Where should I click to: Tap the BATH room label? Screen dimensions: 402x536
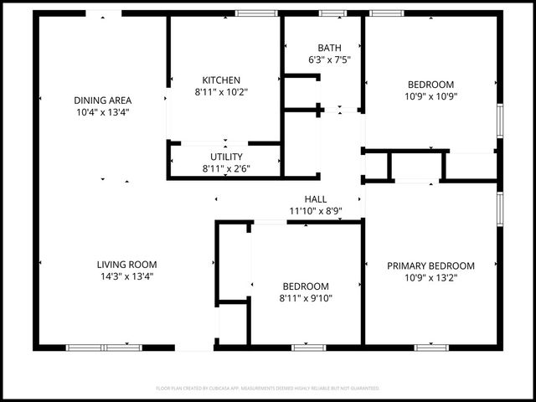pyautogui.click(x=329, y=48)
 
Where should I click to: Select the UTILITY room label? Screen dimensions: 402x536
pyautogui.click(x=226, y=157)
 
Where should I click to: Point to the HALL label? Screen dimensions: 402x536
pyautogui.click(x=316, y=198)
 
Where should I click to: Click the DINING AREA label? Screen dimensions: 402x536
pyautogui.click(x=103, y=100)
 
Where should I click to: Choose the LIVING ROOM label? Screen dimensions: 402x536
pyautogui.click(x=126, y=264)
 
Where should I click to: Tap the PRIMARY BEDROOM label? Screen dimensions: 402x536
pyautogui.click(x=430, y=266)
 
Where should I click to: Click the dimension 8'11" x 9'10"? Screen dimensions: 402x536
pyautogui.click(x=305, y=297)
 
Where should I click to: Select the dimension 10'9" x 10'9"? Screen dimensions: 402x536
pyautogui.click(x=430, y=95)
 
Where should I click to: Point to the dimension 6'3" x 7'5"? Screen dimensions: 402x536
pyautogui.click(x=329, y=59)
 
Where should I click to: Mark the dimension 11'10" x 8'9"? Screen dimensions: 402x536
pyautogui.click(x=316, y=211)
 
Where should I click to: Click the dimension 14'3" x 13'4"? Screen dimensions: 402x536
pyautogui.click(x=126, y=276)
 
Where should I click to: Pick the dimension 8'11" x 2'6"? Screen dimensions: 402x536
pyautogui.click(x=226, y=168)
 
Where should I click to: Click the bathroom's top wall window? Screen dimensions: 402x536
pyautogui.click(x=332, y=13)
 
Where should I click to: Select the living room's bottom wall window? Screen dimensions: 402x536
pyautogui.click(x=104, y=347)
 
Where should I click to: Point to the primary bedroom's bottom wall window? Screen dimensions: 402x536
pyautogui.click(x=431, y=347)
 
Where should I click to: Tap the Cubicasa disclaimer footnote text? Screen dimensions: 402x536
pyautogui.click(x=268, y=389)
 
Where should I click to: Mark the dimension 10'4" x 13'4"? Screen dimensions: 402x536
pyautogui.click(x=103, y=111)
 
